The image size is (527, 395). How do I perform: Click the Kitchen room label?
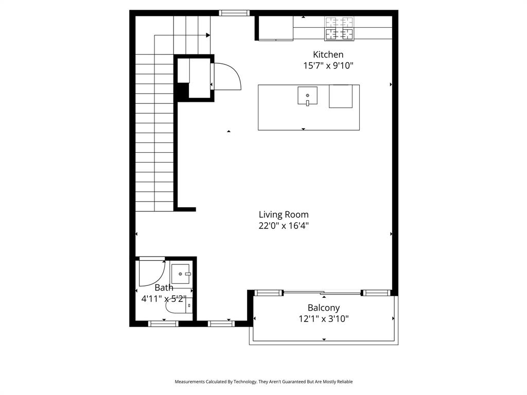pos(328,55)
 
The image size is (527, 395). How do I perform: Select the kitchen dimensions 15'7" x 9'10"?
pos(328,65)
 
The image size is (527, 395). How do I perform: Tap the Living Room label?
pos(284,214)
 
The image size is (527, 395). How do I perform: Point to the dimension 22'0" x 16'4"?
pos(284,225)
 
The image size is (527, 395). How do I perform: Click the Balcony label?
pos(324,308)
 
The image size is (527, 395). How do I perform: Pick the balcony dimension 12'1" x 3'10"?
pos(324,318)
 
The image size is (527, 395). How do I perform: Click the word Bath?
pos(164,288)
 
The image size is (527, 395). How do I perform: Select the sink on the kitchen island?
pos(307,96)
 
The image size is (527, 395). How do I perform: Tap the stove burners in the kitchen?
pos(339,28)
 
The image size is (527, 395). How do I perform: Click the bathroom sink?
pos(181,274)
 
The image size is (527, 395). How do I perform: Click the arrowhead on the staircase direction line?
pos(208,35)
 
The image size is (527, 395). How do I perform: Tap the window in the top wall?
pos(234,13)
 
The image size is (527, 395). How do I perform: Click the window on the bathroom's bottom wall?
pos(163,324)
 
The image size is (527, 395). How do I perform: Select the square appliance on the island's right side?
pos(341,96)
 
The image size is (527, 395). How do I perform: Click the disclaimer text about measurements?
pos(263,382)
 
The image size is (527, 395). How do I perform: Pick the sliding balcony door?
pos(322,293)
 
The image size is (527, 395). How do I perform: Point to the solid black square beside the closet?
pos(182,92)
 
